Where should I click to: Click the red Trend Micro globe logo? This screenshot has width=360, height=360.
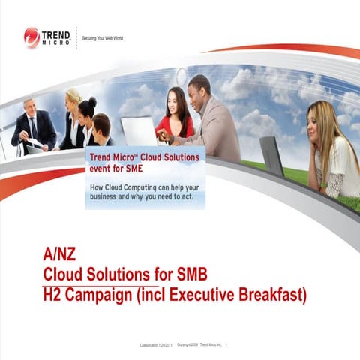pyautogui.click(x=31, y=37)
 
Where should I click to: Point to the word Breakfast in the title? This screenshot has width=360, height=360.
pyautogui.click(x=271, y=295)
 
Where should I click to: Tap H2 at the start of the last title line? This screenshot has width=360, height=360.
pyautogui.click(x=53, y=295)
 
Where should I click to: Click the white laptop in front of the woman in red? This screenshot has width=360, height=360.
pyautogui.click(x=139, y=131)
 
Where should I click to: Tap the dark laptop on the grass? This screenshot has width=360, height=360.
pyautogui.click(x=271, y=156)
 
